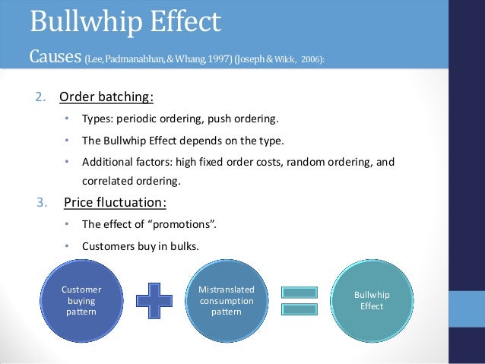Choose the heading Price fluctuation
(x=115, y=203)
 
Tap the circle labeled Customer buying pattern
(x=81, y=301)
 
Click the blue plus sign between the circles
(x=154, y=300)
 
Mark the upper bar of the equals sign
(x=299, y=291)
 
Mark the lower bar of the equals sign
(x=299, y=309)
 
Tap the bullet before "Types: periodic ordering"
(x=66, y=120)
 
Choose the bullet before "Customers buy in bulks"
(x=66, y=246)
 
